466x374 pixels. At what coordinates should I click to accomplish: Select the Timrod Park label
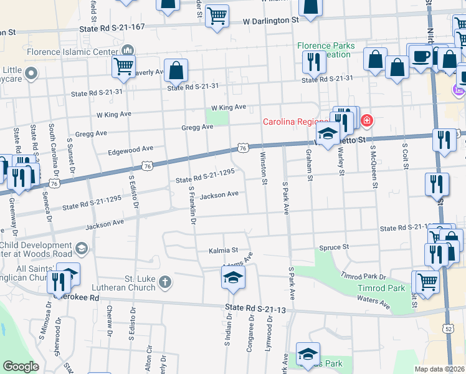click(x=381, y=289)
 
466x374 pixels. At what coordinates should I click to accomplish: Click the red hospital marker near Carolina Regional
click(x=367, y=120)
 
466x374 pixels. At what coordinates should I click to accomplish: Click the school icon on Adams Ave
click(x=233, y=277)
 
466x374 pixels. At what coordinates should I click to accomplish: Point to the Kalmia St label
click(x=226, y=250)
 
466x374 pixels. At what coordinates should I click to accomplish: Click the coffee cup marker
click(x=422, y=55)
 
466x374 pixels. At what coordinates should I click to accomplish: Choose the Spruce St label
click(x=333, y=247)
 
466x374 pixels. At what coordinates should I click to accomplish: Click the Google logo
click(x=21, y=367)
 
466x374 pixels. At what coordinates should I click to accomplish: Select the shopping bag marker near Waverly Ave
click(x=176, y=70)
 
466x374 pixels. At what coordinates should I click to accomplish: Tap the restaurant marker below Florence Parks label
click(x=313, y=62)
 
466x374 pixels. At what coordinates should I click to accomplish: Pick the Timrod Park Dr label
click(x=363, y=276)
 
